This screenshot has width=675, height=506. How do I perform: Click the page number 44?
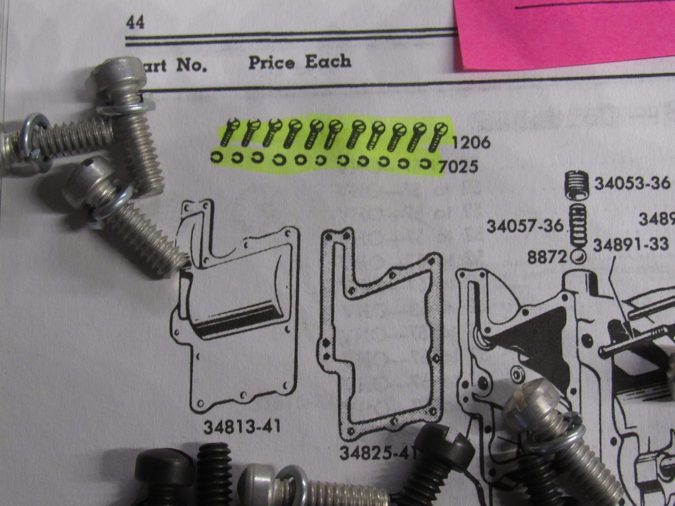[135, 23]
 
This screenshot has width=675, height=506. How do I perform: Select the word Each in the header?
[328, 62]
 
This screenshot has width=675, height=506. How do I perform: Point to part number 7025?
[458, 167]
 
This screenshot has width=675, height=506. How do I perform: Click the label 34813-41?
[242, 427]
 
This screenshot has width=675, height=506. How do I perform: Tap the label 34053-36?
[632, 184]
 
